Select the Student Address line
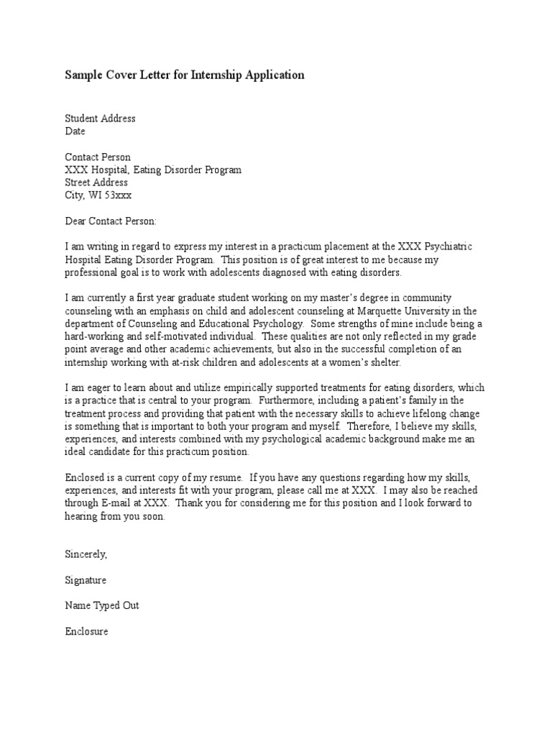point(100,119)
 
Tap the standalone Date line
point(75,132)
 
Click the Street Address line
point(96,183)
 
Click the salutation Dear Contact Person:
point(110,221)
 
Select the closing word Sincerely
point(86,554)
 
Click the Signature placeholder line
point(86,580)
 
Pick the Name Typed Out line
point(102,605)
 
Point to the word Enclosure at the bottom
point(86,631)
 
